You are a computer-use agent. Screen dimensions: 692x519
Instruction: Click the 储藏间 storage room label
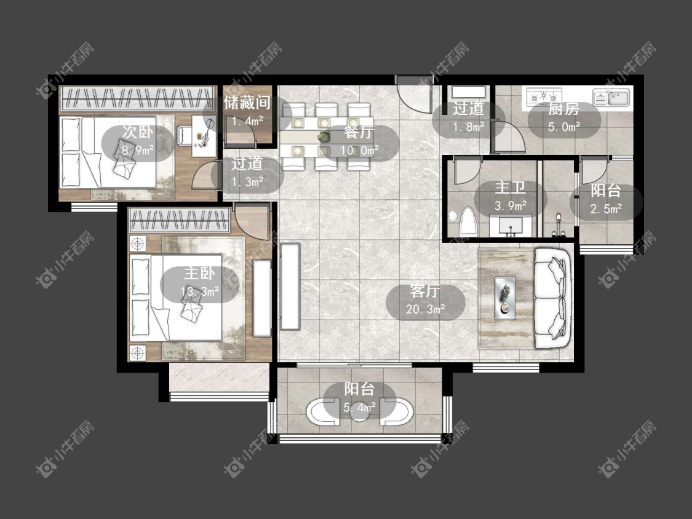(x=247, y=103)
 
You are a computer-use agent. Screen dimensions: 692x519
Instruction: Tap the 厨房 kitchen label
(x=563, y=109)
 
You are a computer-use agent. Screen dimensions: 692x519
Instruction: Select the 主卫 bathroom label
(x=510, y=188)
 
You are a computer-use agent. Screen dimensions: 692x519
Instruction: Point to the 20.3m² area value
(x=425, y=309)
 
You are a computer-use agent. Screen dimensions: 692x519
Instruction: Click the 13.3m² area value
(x=200, y=291)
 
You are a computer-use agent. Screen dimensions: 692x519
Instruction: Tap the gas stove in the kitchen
(x=544, y=96)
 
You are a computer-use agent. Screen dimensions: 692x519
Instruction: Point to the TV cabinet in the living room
(x=290, y=286)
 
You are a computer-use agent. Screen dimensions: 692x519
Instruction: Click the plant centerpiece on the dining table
(x=325, y=137)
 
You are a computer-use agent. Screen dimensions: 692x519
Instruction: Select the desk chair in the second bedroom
(x=185, y=135)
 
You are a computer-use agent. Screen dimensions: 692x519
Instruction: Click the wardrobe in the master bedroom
(x=179, y=220)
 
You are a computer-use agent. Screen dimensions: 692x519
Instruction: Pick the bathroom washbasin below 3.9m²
(x=511, y=226)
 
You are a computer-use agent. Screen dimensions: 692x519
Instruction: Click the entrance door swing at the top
(x=413, y=95)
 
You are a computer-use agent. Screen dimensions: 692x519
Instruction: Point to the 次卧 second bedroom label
(x=137, y=132)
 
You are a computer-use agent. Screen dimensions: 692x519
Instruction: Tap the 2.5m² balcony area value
(x=606, y=208)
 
